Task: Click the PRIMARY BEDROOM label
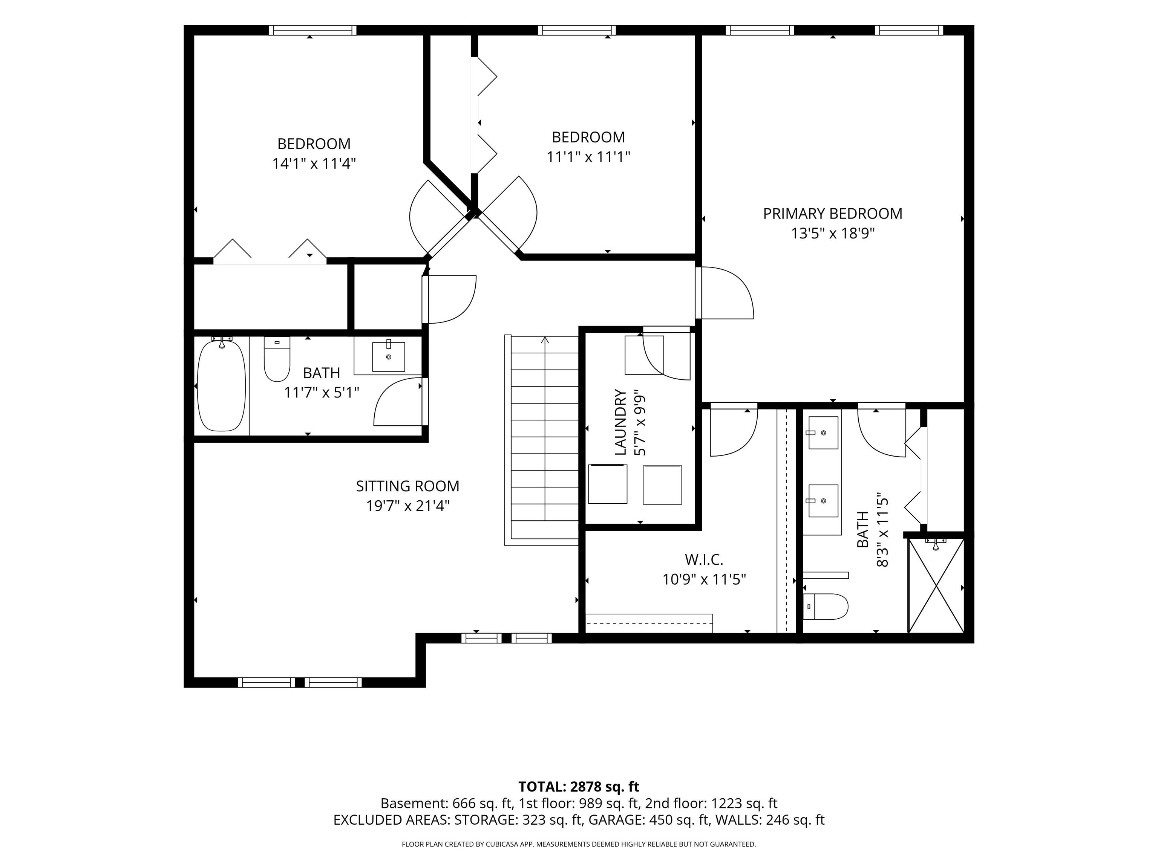(x=832, y=214)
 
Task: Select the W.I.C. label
(x=704, y=559)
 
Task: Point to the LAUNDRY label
(x=620, y=422)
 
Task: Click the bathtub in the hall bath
(x=221, y=386)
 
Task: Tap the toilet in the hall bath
(x=277, y=359)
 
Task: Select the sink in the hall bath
(x=388, y=356)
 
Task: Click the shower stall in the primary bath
(x=936, y=585)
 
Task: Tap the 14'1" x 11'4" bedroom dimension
(x=314, y=163)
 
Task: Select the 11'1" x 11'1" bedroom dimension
(x=588, y=156)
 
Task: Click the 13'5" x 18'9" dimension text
(x=832, y=233)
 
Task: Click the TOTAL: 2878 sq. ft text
(x=579, y=786)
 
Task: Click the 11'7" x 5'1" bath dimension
(x=322, y=393)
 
